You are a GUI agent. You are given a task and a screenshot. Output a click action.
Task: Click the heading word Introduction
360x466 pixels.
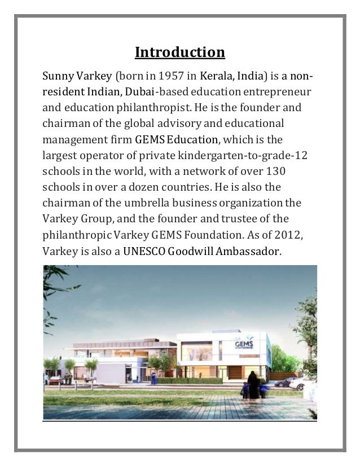(179, 53)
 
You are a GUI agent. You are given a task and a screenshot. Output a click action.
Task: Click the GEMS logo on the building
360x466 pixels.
(245, 345)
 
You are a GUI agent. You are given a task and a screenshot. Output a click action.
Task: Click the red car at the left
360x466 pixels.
(55, 380)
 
